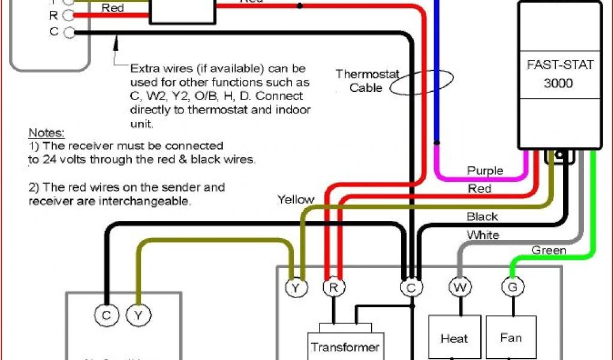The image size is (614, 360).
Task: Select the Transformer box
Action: coord(344,346)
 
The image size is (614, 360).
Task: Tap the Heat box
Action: coord(454,338)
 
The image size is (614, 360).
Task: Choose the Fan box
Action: coord(511,338)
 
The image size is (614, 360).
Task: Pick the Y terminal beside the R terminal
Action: coord(296,289)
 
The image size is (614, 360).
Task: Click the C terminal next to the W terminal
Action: coord(411,289)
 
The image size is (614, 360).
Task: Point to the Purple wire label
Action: coord(485,172)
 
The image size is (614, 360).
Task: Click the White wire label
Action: coord(483,235)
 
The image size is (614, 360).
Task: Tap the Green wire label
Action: coord(549,250)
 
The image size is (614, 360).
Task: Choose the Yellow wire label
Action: coord(296,200)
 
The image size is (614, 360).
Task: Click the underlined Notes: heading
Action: coord(46,132)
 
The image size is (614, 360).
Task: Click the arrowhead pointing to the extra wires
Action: coord(119,41)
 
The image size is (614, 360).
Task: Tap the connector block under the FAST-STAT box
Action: coord(560,155)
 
